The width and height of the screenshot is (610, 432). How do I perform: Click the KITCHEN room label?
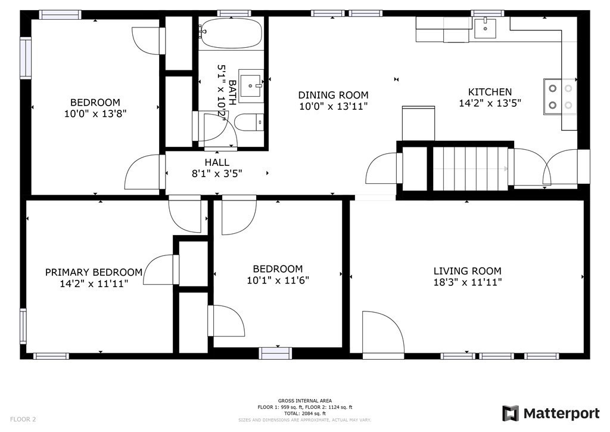[490, 92]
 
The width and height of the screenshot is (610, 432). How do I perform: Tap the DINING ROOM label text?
[333, 95]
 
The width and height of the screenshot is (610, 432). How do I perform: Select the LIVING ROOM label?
[467, 271]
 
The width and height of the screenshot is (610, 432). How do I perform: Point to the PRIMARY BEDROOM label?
[94, 272]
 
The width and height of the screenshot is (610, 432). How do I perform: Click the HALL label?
[217, 162]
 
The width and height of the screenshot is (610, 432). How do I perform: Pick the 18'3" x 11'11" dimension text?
[468, 282]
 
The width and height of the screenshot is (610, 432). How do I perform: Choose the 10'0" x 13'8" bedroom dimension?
[95, 114]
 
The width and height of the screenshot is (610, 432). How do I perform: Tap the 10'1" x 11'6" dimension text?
[278, 280]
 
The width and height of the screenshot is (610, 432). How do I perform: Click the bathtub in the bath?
[231, 34]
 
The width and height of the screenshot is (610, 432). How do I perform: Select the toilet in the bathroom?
[249, 123]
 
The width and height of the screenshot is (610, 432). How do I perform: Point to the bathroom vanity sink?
[251, 86]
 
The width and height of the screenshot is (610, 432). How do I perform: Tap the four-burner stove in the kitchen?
[560, 96]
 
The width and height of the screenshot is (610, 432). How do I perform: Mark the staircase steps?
[471, 168]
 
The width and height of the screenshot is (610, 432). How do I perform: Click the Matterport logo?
[551, 414]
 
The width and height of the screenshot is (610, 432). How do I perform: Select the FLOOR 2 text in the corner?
[23, 419]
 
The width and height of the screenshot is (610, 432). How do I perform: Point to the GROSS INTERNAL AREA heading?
[304, 401]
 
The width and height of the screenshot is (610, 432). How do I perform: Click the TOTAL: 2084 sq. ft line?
[304, 414]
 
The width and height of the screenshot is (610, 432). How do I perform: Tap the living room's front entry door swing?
[383, 334]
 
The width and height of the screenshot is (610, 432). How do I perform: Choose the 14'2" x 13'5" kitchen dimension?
[490, 103]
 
